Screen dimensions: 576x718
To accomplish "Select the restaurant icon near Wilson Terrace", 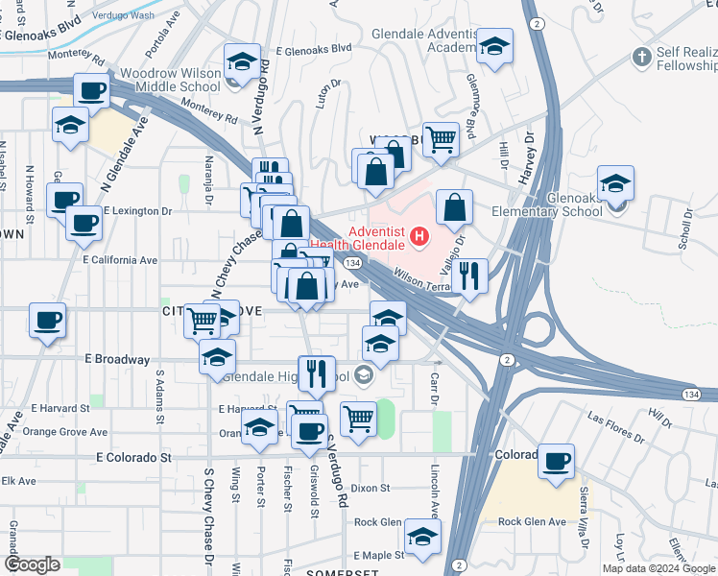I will click(x=468, y=276).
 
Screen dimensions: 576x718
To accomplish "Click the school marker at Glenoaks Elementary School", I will click(x=614, y=183).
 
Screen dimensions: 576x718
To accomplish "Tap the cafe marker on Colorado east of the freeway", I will click(x=556, y=461).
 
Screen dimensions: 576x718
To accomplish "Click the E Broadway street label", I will click(x=117, y=360).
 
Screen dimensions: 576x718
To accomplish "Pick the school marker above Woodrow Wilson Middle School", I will click(x=243, y=62).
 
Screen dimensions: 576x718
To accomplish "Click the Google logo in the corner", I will click(x=33, y=564).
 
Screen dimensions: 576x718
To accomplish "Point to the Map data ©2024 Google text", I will click(x=658, y=568).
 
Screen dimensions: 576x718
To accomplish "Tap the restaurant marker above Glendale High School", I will click(x=316, y=372).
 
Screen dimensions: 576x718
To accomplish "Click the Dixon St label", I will click(x=371, y=489).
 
